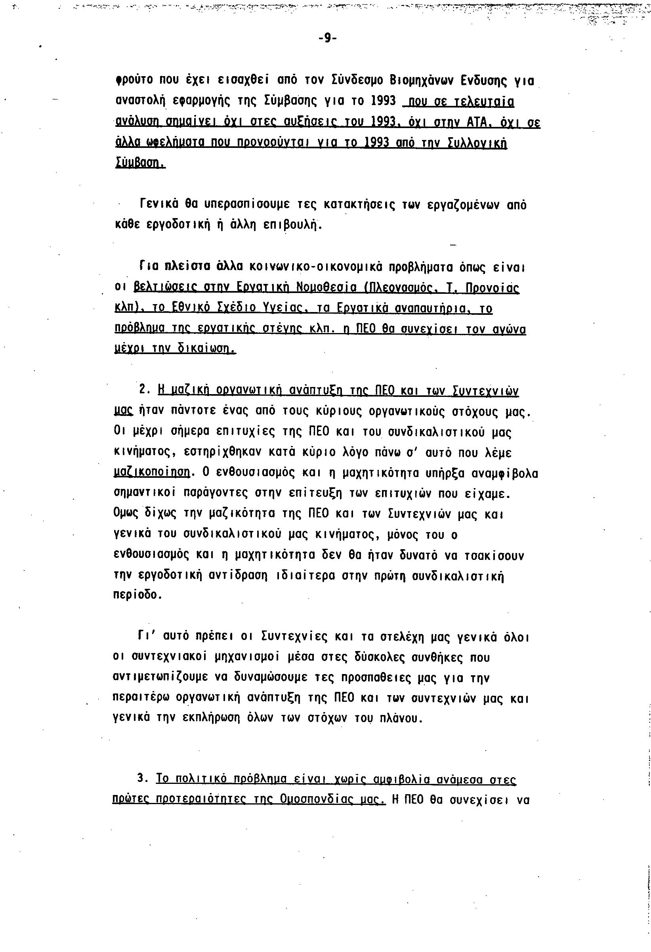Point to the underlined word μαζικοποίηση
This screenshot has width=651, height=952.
click(151, 473)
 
